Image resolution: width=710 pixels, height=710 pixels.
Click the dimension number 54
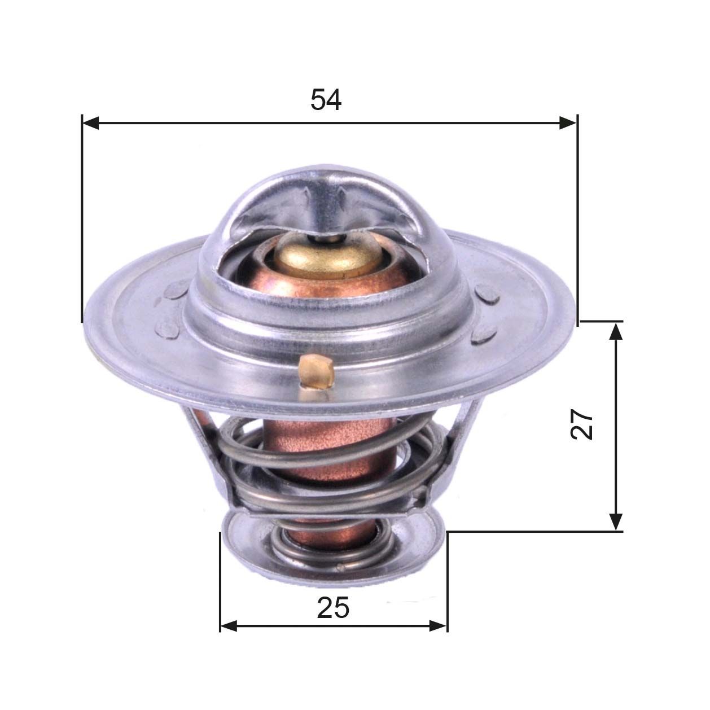[326, 100]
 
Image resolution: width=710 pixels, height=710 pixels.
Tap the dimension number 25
[333, 608]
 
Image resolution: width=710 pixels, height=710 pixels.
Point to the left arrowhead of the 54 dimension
[90, 122]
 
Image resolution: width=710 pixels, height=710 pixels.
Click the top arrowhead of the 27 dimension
[616, 331]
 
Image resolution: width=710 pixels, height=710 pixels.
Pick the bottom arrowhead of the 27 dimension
[616, 521]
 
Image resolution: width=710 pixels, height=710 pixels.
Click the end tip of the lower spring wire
[340, 566]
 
